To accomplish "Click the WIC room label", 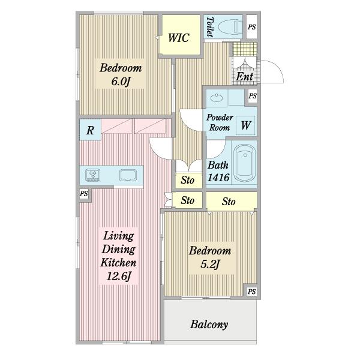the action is pyautogui.click(x=179, y=38).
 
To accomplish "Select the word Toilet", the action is pyautogui.click(x=210, y=26).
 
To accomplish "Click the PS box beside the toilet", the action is pyautogui.click(x=251, y=27).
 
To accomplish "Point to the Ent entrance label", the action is pyautogui.click(x=245, y=76).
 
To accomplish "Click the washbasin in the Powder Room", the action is pyautogui.click(x=217, y=98).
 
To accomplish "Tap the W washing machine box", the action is pyautogui.click(x=245, y=125).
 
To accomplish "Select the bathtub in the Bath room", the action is pyautogui.click(x=244, y=163).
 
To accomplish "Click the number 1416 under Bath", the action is pyautogui.click(x=218, y=178).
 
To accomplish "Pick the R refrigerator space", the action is pyautogui.click(x=90, y=130).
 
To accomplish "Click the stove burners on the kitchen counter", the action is pyautogui.click(x=92, y=175).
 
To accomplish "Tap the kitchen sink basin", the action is pyautogui.click(x=128, y=176).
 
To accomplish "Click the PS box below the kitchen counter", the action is pyautogui.click(x=84, y=194).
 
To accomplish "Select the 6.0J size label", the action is pyautogui.click(x=121, y=81).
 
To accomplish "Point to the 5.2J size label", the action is pyautogui.click(x=210, y=264).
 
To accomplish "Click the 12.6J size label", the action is pyautogui.click(x=118, y=276).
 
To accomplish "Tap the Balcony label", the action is pyautogui.click(x=209, y=325).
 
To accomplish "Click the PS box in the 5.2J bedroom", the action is pyautogui.click(x=251, y=292).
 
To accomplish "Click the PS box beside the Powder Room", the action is pyautogui.click(x=253, y=96).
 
